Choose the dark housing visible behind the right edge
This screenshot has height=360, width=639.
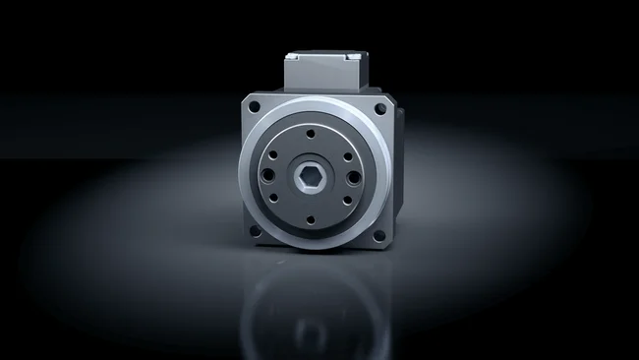coord(394,167)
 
